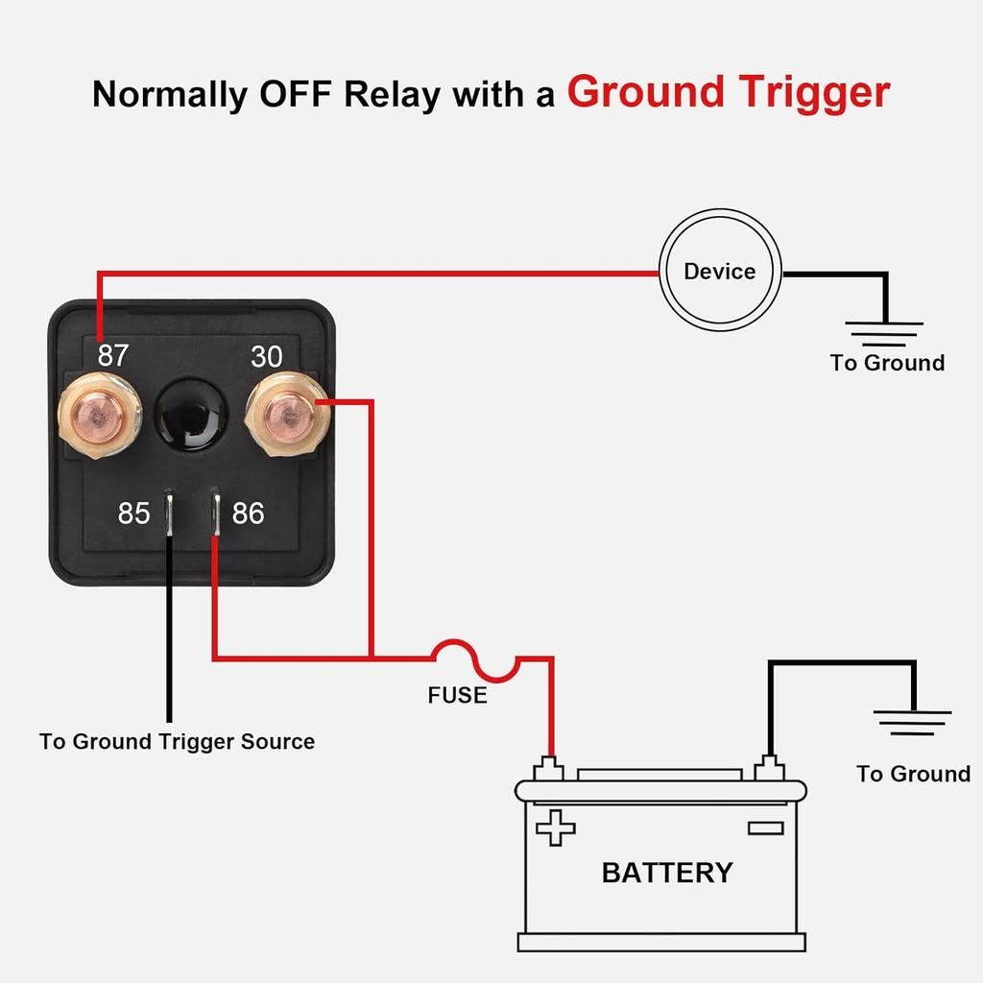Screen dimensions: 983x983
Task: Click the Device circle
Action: tap(719, 272)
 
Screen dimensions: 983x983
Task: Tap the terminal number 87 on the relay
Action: tap(112, 356)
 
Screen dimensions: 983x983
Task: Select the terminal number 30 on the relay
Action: tap(267, 356)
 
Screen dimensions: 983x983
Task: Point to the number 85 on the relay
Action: tap(133, 514)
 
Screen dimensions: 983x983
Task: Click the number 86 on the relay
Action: tap(248, 514)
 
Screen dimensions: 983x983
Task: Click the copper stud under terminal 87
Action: tap(99, 414)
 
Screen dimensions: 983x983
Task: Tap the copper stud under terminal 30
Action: tap(285, 414)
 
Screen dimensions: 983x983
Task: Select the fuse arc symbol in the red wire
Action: tap(475, 659)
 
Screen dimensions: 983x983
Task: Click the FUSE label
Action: tap(457, 695)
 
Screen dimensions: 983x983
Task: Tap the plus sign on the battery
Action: tap(555, 827)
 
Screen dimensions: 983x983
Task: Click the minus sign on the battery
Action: tap(765, 827)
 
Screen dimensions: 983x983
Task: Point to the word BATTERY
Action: tap(666, 873)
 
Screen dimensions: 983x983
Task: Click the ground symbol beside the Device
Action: tap(885, 333)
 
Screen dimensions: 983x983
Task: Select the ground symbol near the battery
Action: tap(913, 722)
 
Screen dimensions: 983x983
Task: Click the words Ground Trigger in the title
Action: tap(728, 92)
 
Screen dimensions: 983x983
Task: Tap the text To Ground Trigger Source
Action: tap(177, 742)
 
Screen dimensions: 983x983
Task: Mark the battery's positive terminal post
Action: tap(551, 769)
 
